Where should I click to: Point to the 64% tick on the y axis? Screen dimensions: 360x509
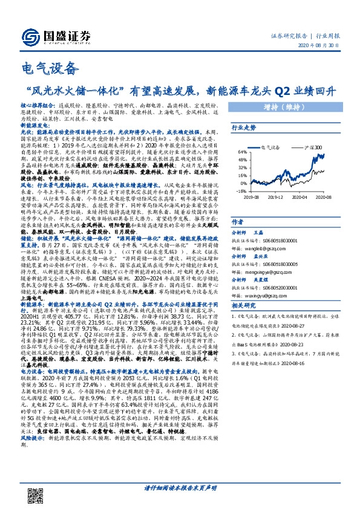241,151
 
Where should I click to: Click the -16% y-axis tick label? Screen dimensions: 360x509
240,190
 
